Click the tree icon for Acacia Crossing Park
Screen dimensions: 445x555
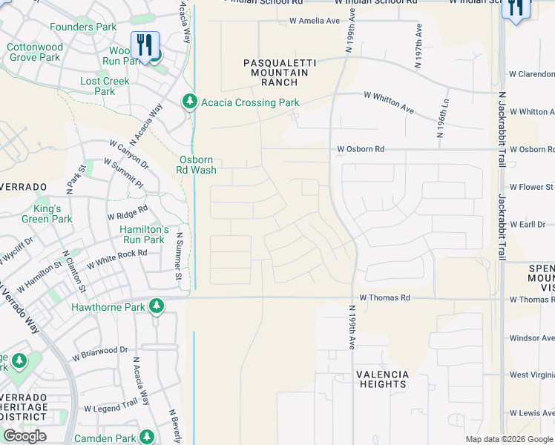click(x=190, y=102)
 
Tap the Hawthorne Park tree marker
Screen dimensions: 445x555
click(x=156, y=306)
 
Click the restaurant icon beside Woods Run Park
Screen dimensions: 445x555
click(x=145, y=46)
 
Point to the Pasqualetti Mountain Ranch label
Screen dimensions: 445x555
click(x=280, y=73)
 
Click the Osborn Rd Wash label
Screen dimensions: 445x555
click(x=197, y=165)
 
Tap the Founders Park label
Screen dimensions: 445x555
click(x=83, y=27)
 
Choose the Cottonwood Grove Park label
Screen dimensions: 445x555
click(x=36, y=52)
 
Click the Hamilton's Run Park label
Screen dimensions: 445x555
click(x=142, y=234)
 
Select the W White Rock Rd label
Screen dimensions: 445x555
click(x=117, y=258)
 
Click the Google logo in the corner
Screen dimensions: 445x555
click(x=24, y=436)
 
